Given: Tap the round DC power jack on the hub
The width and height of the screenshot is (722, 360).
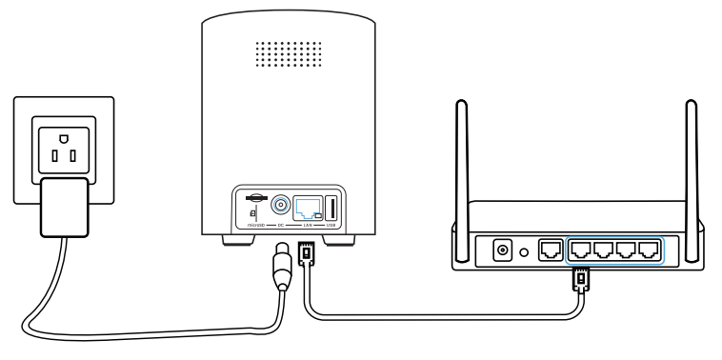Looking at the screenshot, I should (x=282, y=206).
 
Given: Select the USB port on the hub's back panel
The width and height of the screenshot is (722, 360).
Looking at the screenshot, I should (x=332, y=207).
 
